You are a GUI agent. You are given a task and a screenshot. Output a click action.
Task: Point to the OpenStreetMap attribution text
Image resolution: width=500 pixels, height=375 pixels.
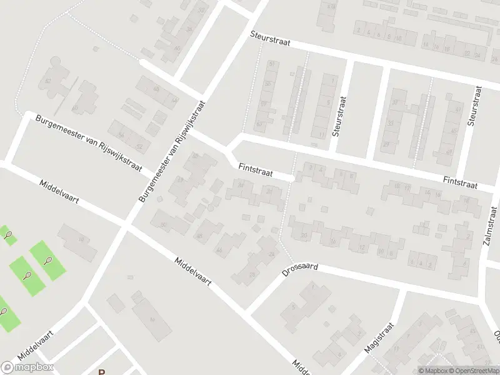click(x=472, y=371)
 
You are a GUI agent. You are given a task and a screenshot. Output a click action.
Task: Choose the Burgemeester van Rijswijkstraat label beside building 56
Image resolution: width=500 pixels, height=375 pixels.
click(x=88, y=143)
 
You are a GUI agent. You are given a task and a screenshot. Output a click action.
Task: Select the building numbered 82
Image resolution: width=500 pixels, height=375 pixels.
click(x=47, y=81)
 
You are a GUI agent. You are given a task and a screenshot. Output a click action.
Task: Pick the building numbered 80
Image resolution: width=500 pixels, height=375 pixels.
click(x=76, y=107)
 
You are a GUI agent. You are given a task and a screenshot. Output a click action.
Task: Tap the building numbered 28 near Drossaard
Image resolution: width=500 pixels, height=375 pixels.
click(x=252, y=273)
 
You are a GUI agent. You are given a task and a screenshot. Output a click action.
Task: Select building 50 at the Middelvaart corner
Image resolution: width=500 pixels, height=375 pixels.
click(x=164, y=224)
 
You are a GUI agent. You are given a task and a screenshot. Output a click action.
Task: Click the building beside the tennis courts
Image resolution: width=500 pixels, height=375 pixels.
click(x=78, y=240)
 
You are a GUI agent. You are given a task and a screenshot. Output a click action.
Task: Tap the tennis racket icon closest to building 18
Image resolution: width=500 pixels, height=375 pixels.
click(x=47, y=261)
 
